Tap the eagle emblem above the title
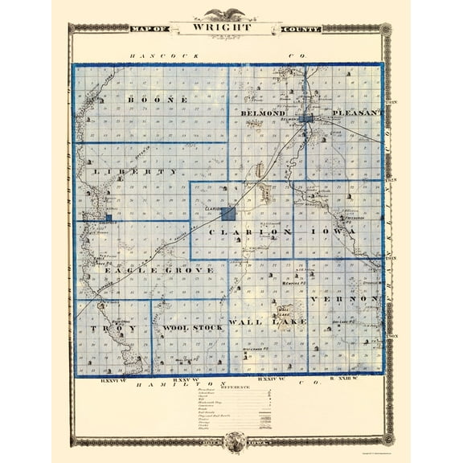[231, 13]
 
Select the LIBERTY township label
[135, 172]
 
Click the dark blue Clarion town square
[228, 214]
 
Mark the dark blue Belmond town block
[306, 120]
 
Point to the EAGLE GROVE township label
[158, 271]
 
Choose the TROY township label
[113, 330]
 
